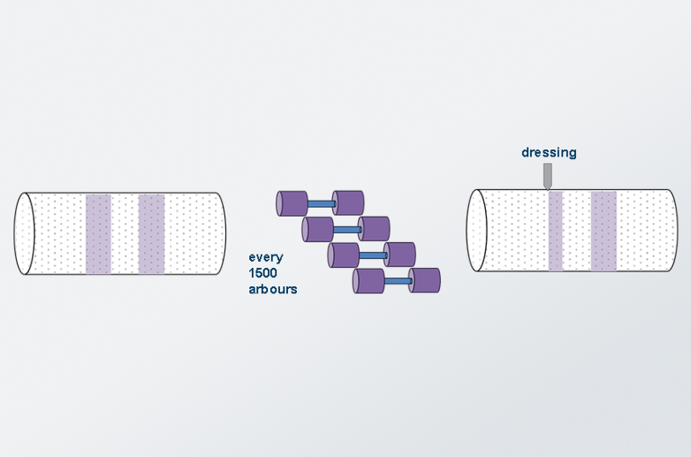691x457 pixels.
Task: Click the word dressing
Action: (x=549, y=152)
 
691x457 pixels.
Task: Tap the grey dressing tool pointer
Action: (x=547, y=176)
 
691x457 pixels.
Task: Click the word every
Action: (x=265, y=257)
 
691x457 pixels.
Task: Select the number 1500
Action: (x=263, y=273)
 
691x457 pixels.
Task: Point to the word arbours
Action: (x=273, y=289)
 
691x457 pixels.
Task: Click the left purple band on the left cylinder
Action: (x=98, y=234)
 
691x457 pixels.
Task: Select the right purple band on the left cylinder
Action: (x=151, y=234)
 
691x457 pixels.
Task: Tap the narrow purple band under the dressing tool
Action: (x=556, y=231)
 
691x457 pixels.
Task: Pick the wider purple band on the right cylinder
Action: (x=604, y=231)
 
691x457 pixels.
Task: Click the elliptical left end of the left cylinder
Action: (x=24, y=234)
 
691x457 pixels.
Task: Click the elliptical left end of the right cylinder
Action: (x=477, y=230)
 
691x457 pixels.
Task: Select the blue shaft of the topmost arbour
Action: (x=321, y=204)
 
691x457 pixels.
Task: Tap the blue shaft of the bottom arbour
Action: (x=398, y=282)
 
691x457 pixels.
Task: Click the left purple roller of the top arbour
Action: (x=292, y=203)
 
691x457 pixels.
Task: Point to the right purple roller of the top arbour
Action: (x=348, y=203)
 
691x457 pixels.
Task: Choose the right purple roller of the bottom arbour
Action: (x=425, y=281)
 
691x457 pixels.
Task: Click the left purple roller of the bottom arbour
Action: (x=368, y=282)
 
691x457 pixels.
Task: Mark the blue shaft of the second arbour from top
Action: (x=346, y=229)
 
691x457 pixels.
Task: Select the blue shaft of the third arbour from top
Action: (x=372, y=255)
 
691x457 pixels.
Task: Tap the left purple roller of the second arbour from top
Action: (x=318, y=229)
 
